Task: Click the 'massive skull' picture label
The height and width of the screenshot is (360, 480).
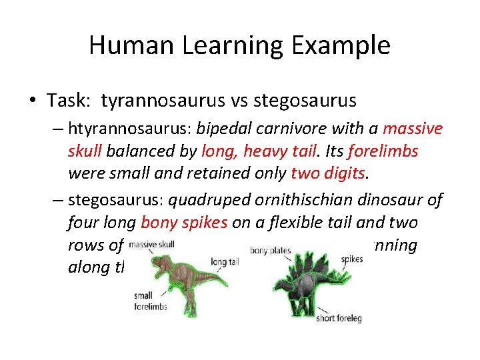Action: [151, 245]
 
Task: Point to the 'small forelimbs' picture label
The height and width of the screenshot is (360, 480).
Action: [151, 301]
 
